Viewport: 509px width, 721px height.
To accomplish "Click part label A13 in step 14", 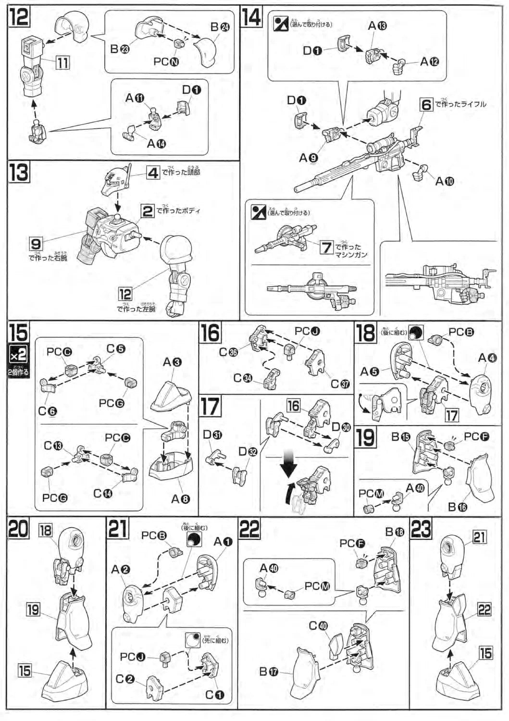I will click(377, 26).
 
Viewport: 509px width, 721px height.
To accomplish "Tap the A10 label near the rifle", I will click(444, 181).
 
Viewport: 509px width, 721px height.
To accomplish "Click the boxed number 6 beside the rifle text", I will click(426, 104).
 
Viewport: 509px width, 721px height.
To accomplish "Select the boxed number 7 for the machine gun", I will click(327, 247).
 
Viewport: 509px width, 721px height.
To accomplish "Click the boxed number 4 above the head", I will click(152, 172).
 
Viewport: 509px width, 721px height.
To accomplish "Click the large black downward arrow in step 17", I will click(289, 465).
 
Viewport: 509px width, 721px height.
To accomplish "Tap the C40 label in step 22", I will click(318, 625).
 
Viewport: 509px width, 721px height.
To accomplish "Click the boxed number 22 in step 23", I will click(484, 609).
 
